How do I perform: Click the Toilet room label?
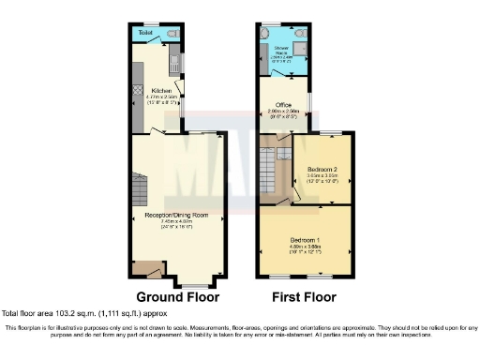145,34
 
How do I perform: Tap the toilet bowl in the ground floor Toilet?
172,35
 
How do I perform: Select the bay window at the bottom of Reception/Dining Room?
194,283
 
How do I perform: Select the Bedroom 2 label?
322,170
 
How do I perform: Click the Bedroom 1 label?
303,241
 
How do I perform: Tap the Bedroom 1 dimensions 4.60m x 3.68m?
303,247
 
